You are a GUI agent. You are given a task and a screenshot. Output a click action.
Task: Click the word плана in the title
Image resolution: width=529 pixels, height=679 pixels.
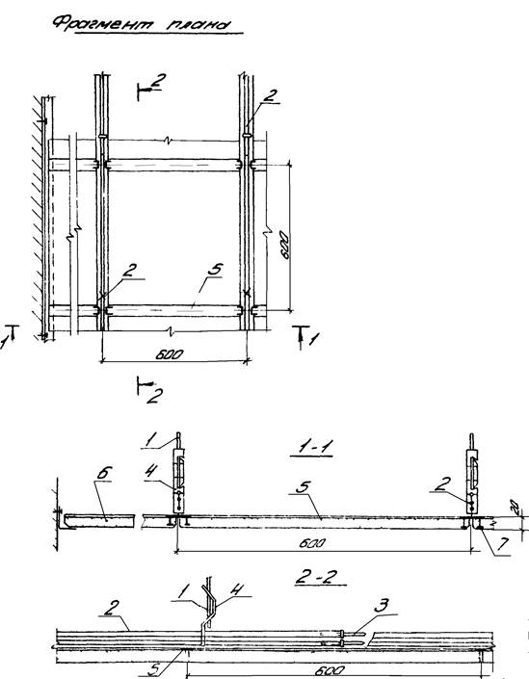(x=198, y=25)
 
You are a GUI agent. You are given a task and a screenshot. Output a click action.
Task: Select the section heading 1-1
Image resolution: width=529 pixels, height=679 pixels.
(x=311, y=448)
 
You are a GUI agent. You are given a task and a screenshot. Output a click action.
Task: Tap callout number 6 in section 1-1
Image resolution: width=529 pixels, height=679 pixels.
(x=104, y=473)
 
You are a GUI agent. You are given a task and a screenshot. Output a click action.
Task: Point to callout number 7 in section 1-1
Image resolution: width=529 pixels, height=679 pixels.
(x=503, y=543)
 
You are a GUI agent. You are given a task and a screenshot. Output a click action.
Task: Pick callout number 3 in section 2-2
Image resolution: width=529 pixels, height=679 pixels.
(x=381, y=606)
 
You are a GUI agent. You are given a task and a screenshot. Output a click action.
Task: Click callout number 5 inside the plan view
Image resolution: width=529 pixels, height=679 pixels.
(x=215, y=270)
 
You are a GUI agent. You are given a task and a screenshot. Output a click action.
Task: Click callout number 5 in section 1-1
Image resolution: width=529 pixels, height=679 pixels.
(x=303, y=487)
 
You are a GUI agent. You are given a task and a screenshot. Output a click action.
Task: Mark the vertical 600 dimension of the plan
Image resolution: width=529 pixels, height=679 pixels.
(x=284, y=245)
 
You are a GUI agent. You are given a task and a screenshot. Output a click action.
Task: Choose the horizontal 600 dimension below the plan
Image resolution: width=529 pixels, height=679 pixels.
(x=169, y=354)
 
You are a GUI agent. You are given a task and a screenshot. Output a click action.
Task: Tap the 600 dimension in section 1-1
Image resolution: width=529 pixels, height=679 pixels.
(x=312, y=543)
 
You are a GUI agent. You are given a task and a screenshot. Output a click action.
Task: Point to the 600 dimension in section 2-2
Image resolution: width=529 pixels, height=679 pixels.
(x=330, y=670)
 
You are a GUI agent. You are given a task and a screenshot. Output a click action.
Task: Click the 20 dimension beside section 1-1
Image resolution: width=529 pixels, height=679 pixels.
(x=514, y=506)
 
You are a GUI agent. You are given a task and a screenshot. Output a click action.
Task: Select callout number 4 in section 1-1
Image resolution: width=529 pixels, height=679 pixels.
(x=150, y=471)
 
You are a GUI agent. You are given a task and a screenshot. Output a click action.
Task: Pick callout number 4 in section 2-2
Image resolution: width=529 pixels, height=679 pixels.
(x=236, y=589)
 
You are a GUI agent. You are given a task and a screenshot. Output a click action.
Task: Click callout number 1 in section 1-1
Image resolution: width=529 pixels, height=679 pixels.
(x=149, y=441)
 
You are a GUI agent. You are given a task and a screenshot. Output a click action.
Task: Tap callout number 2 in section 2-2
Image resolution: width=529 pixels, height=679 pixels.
(x=110, y=608)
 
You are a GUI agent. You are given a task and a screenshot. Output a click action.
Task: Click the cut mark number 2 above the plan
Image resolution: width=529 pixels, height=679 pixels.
(x=159, y=81)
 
